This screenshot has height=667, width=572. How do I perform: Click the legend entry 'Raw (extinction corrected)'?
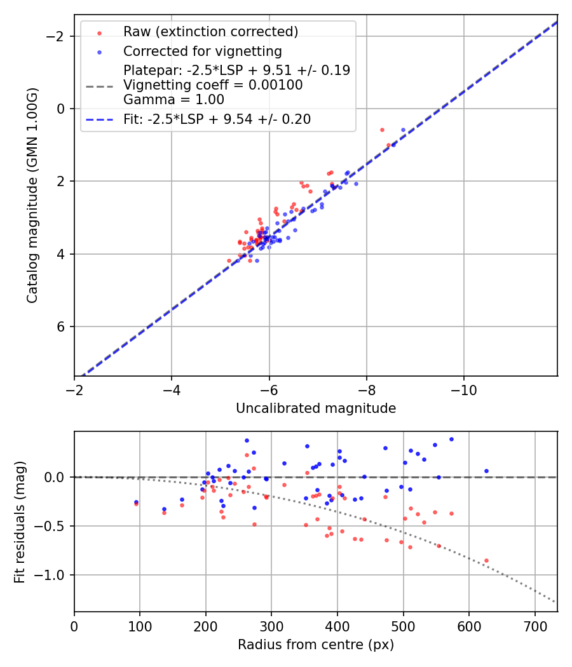pyautogui.click(x=210, y=32)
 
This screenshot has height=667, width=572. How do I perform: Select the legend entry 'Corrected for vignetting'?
pyautogui.click(x=202, y=51)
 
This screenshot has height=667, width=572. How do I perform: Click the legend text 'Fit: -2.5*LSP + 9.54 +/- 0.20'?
pyautogui.click(x=217, y=119)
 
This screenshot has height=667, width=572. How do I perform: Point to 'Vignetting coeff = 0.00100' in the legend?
pyautogui.click(x=213, y=85)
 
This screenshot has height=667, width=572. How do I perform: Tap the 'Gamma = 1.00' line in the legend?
pyautogui.click(x=174, y=100)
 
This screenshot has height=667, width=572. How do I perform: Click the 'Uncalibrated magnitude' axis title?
pyautogui.click(x=316, y=408)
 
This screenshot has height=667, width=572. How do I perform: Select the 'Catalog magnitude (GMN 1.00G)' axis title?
pyautogui.click(x=33, y=195)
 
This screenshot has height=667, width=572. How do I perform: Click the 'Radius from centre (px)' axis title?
pyautogui.click(x=316, y=645)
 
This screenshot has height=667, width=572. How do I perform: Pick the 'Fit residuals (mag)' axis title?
pyautogui.click(x=20, y=522)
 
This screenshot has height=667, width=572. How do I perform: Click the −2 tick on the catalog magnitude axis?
pyautogui.click(x=57, y=36)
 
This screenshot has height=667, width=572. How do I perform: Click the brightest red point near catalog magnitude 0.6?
pyautogui.click(x=382, y=130)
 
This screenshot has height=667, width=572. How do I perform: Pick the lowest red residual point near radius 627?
pyautogui.click(x=486, y=560)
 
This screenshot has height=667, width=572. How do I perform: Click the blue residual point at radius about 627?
pyautogui.click(x=486, y=471)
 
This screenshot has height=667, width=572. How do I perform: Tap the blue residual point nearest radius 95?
pyautogui.click(x=136, y=502)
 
